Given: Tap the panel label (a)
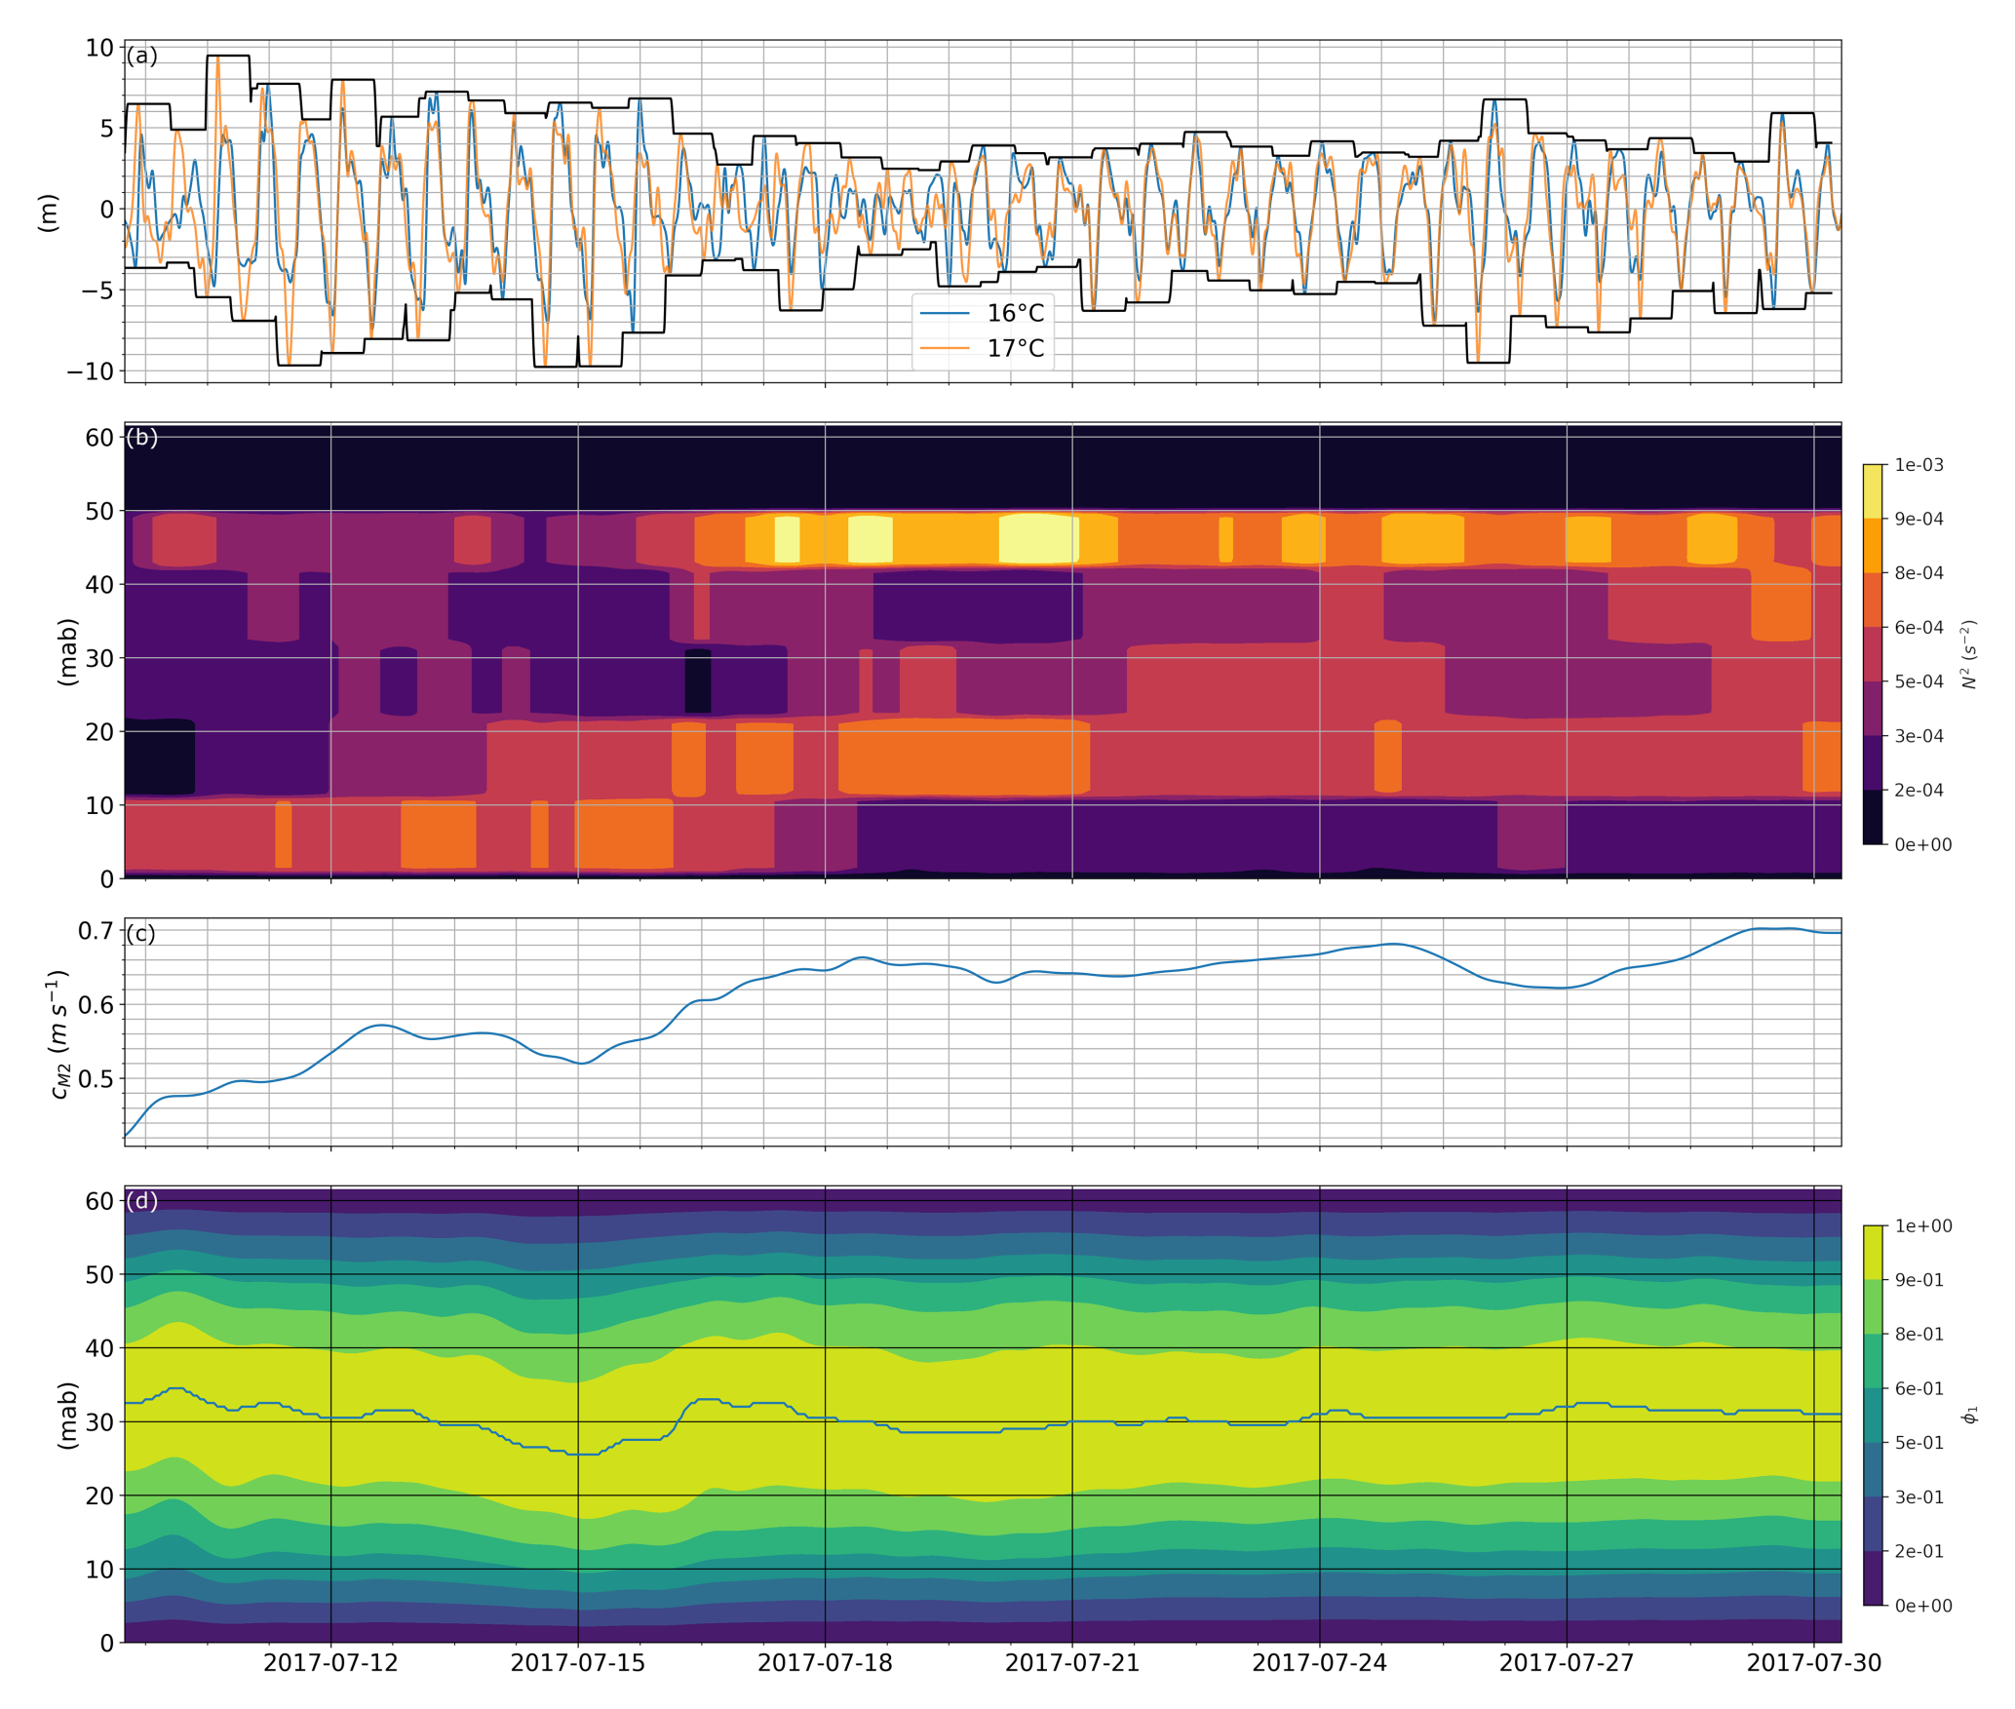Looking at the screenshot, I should [x=141, y=56].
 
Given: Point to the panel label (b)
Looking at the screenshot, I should [x=141, y=437].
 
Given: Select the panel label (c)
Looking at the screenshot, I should [x=141, y=933].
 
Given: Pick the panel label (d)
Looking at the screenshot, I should [x=141, y=1200].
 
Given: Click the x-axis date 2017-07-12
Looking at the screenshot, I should [x=330, y=1662].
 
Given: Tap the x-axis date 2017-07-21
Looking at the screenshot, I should [x=1071, y=1662].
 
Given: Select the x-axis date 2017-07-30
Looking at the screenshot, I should [x=1812, y=1662].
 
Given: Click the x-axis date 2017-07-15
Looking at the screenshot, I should [x=577, y=1662].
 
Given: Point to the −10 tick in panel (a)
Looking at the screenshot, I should [x=90, y=371].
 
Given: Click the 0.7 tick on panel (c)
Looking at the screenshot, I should [x=96, y=931].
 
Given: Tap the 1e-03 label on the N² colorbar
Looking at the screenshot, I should [x=1918, y=465].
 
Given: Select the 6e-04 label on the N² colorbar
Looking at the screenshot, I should [x=1918, y=628].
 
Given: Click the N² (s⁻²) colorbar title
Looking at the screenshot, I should [x=1969, y=654].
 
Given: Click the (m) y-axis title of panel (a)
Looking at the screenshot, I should [x=48, y=213].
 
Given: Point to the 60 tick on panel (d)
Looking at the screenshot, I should [x=99, y=1201].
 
